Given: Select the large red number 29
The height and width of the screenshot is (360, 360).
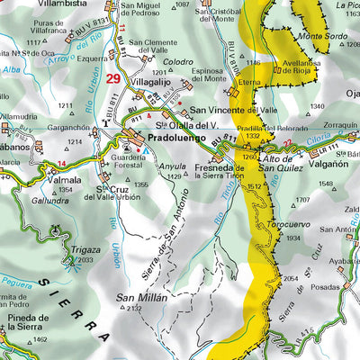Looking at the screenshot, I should click(112, 79).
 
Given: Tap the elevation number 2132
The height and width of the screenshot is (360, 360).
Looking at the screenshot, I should click(134, 309).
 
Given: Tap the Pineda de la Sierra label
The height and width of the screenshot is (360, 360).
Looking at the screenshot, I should click(24, 324).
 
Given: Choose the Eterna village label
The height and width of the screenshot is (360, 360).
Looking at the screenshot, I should click(247, 80).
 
